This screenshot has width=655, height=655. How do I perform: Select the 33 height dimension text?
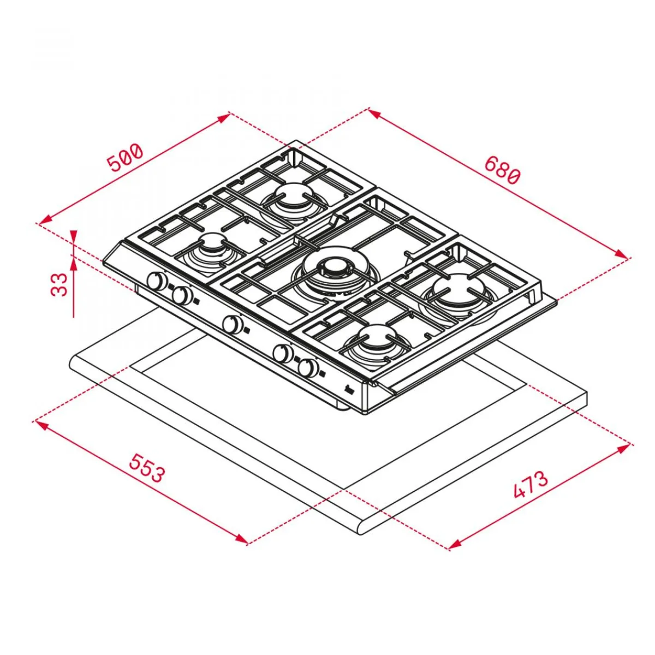coord(59,284)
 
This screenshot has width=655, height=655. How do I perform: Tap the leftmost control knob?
coord(157,281)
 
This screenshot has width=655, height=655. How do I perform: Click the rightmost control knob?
coord(309,367)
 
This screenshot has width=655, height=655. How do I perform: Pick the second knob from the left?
coord(182,294)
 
